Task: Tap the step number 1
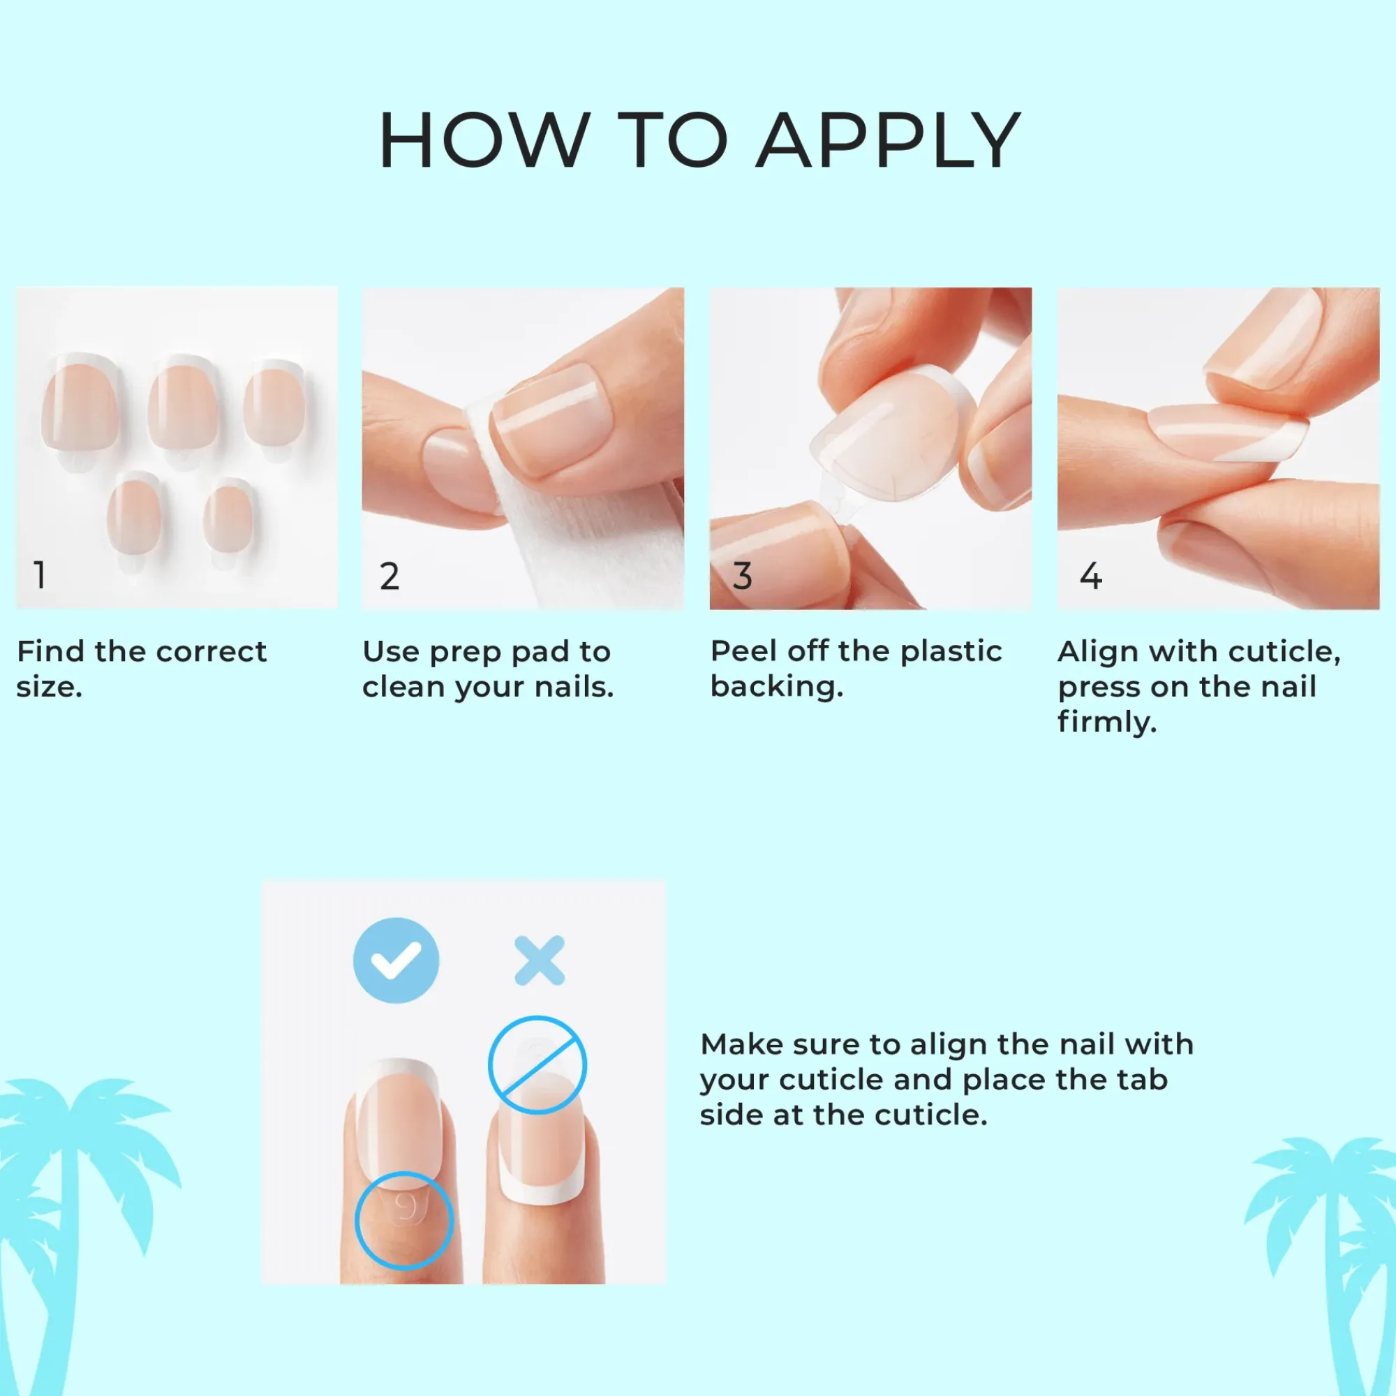(x=40, y=575)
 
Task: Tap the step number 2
(x=389, y=576)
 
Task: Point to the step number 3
(x=742, y=576)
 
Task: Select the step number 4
(x=1090, y=576)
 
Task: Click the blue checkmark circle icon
(x=396, y=960)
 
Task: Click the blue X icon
(x=540, y=961)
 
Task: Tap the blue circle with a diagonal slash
(x=537, y=1065)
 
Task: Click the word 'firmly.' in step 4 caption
(x=1107, y=723)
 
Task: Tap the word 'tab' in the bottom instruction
(x=1143, y=1080)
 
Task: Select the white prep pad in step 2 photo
(x=578, y=535)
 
